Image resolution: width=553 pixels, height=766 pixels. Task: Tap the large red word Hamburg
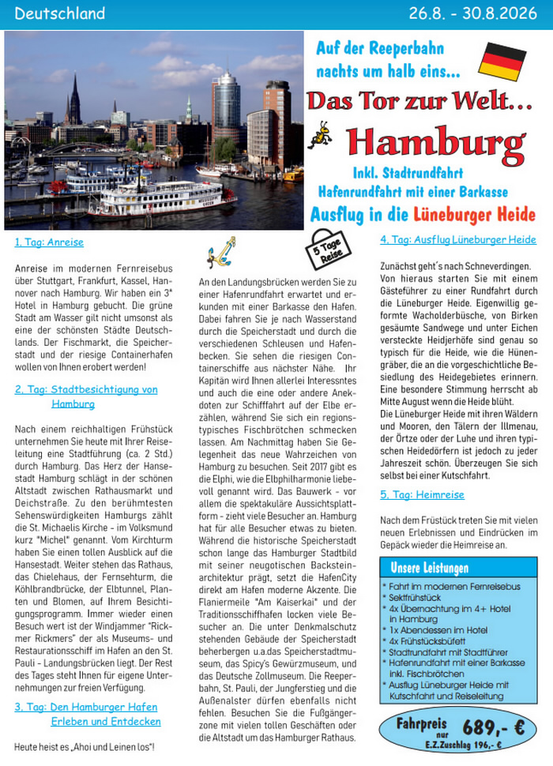tap(435, 142)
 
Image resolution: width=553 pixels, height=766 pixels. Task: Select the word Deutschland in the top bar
tap(60, 13)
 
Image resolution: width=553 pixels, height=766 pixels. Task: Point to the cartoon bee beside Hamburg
tap(320, 134)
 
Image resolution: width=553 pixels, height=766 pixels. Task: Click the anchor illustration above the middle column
tap(221, 251)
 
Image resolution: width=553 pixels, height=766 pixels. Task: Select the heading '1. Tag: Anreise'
tap(49, 242)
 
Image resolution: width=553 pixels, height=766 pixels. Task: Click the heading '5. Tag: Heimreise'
tap(422, 494)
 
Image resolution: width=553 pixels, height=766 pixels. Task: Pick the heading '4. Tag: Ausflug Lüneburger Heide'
tap(457, 239)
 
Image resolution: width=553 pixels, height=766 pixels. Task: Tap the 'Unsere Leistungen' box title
tap(430, 568)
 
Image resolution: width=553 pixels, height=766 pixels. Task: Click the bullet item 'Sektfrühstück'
tap(416, 599)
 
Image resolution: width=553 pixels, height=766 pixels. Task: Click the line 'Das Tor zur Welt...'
tap(419, 101)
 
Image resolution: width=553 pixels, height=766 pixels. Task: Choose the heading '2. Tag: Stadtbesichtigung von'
tap(86, 389)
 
